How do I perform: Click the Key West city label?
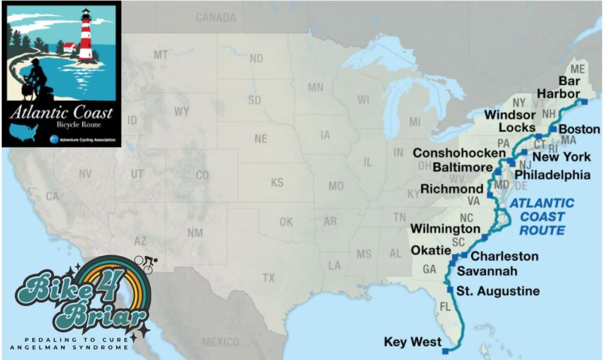412,342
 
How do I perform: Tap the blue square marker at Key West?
445,351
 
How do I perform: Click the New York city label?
562,157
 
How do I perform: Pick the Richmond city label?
452,189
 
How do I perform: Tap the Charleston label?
505,256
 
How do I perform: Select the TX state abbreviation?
269,277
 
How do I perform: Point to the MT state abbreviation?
161,55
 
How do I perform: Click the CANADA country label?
215,18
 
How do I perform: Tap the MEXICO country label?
220,342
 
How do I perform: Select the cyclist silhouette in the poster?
34,78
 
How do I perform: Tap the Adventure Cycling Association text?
87,139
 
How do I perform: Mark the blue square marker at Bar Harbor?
583,102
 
